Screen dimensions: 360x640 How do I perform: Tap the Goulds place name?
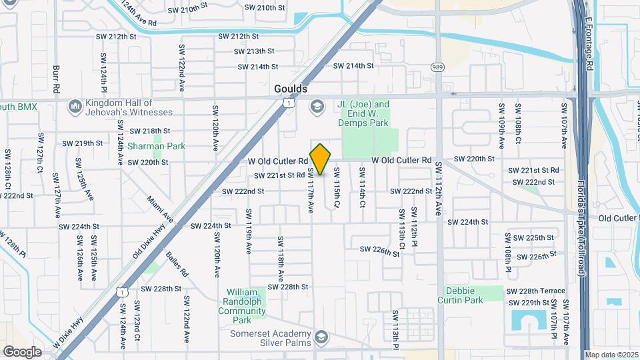291,89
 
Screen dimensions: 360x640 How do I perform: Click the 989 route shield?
437,67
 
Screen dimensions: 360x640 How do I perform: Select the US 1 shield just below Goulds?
287,103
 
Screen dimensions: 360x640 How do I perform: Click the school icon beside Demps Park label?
317,106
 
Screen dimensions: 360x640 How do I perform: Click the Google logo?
22,351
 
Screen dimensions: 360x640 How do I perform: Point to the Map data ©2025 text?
611,355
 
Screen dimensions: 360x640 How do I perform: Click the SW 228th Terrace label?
535,291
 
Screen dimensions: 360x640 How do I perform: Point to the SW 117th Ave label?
310,191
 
